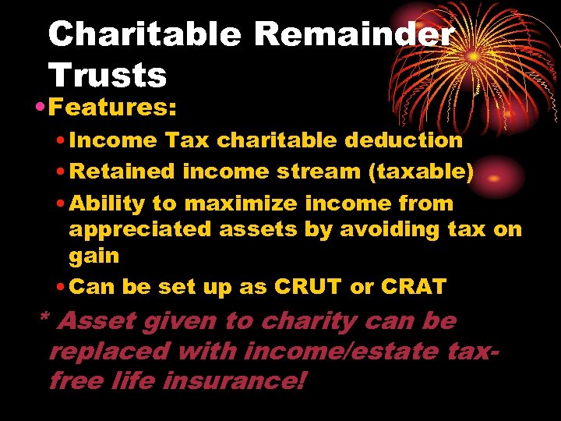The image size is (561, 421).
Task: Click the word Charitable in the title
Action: click(x=145, y=34)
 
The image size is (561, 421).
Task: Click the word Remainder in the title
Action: click(x=354, y=34)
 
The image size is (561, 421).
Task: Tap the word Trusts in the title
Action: click(x=107, y=76)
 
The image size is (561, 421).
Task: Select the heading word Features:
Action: click(x=112, y=107)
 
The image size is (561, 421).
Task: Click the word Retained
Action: click(x=122, y=172)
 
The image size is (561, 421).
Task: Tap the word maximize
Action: click(x=241, y=203)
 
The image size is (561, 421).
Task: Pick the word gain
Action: click(x=93, y=256)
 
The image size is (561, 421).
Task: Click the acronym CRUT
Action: click(x=308, y=287)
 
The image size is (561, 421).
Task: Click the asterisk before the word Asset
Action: click(x=44, y=319)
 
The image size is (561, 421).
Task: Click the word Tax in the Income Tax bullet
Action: click(x=187, y=140)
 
